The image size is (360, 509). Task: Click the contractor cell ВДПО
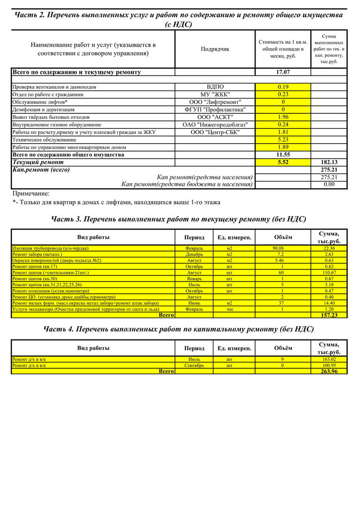coord(215,87)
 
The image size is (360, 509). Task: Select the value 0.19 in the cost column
coord(283,87)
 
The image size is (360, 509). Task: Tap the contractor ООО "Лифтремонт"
coord(215,102)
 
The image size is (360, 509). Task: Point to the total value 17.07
coord(283,72)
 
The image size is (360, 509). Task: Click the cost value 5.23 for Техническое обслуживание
coord(283,140)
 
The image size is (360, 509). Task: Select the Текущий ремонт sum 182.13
coord(328,162)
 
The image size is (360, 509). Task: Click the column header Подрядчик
coord(215,49)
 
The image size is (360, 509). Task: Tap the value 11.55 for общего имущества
coord(283,155)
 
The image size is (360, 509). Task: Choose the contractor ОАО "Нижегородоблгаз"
coord(215,124)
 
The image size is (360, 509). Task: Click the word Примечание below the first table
coord(31,193)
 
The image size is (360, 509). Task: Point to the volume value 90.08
coord(278,248)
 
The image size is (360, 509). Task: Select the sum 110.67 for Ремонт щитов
coord(329,272)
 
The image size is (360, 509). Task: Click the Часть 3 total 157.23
coord(329,315)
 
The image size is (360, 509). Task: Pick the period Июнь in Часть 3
coord(194,303)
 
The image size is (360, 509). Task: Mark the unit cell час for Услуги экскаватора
coord(229,309)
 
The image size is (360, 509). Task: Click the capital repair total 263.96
coord(329,371)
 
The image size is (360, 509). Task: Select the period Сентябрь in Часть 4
coord(194,365)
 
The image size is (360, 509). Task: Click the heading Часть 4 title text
coord(179,329)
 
